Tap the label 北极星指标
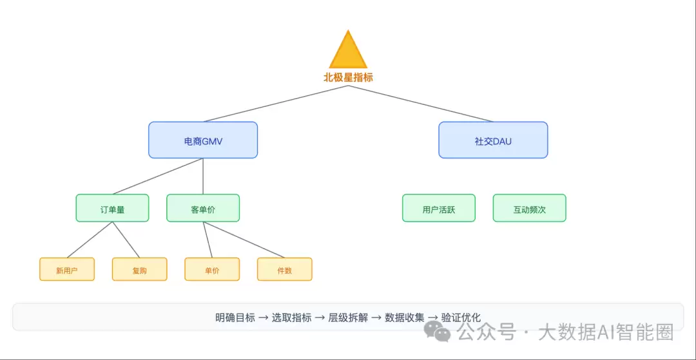click(x=348, y=77)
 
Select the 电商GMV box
click(x=203, y=140)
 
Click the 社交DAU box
click(x=493, y=140)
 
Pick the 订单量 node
click(x=112, y=209)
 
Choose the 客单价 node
click(x=203, y=209)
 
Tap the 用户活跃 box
click(x=439, y=209)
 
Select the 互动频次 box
click(x=529, y=209)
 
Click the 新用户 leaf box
click(x=67, y=270)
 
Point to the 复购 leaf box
click(x=139, y=270)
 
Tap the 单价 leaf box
click(x=212, y=270)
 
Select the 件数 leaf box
click(x=284, y=270)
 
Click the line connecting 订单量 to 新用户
click(x=90, y=240)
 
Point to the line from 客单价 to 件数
click(x=244, y=240)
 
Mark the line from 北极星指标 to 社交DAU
click(x=420, y=104)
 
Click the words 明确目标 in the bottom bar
click(x=235, y=317)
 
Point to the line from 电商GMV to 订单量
click(x=158, y=176)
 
